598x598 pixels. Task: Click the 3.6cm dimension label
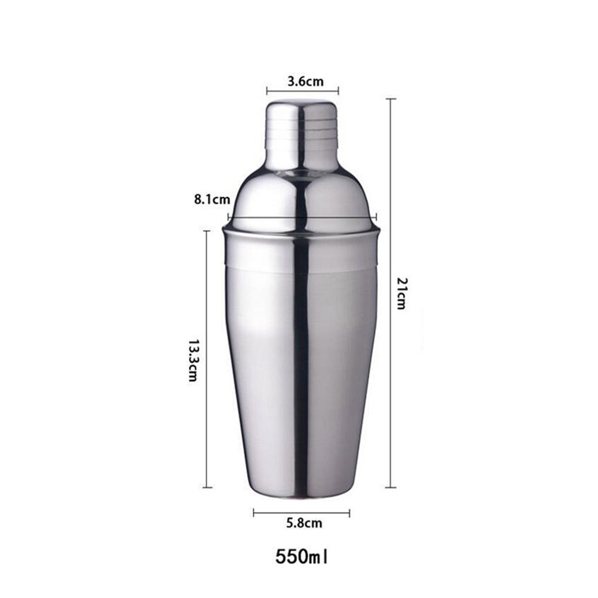click(305, 81)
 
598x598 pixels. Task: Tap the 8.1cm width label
click(213, 200)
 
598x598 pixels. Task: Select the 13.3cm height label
click(194, 360)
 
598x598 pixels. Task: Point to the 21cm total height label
click(401, 293)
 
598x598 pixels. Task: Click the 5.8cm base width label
click(304, 523)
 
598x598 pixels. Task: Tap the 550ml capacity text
click(301, 557)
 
